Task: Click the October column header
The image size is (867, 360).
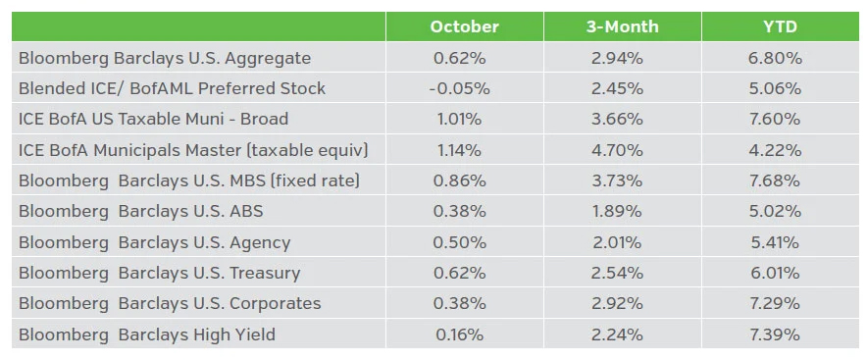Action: [464, 26]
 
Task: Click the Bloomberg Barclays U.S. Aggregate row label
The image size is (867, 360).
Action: [165, 58]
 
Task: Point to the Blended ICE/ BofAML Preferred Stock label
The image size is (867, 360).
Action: [172, 88]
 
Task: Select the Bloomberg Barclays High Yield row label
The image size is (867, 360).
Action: [147, 334]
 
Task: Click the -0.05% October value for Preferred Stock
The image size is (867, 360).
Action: [459, 88]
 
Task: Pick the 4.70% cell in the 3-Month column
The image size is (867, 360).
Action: [617, 150]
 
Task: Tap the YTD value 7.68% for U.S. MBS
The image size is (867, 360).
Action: [774, 180]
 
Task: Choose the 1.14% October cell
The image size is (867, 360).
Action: [459, 150]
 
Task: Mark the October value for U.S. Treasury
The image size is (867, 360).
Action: [459, 273]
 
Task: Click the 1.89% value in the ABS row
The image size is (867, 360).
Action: [617, 211]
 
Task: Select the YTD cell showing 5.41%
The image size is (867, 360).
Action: [774, 242]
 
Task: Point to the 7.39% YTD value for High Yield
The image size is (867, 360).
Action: [774, 334]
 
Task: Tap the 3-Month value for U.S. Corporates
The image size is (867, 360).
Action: [617, 303]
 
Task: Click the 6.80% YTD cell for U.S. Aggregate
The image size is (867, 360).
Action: [774, 58]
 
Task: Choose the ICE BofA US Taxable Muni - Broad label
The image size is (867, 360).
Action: [153, 120]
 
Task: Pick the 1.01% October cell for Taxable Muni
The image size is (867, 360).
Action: [459, 120]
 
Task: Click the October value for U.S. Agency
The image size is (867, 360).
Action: [459, 242]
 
